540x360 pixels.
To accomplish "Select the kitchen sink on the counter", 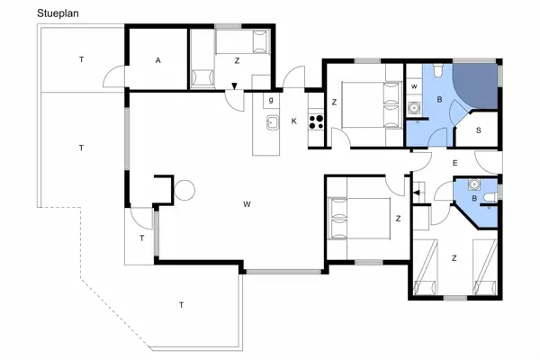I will pyautogui.click(x=268, y=120).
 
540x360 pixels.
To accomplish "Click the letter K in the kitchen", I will pyautogui.click(x=293, y=121).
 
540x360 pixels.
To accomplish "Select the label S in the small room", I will pyautogui.click(x=478, y=130).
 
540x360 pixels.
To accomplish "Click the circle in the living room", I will pyautogui.click(x=184, y=191).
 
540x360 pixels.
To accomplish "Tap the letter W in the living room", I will pyautogui.click(x=246, y=204).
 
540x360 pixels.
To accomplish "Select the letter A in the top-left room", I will pyautogui.click(x=157, y=60).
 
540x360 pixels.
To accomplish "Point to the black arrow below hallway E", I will pyautogui.click(x=417, y=191).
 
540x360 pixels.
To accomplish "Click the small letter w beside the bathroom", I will pyautogui.click(x=413, y=86).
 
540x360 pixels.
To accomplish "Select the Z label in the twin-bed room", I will pyautogui.click(x=455, y=258).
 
